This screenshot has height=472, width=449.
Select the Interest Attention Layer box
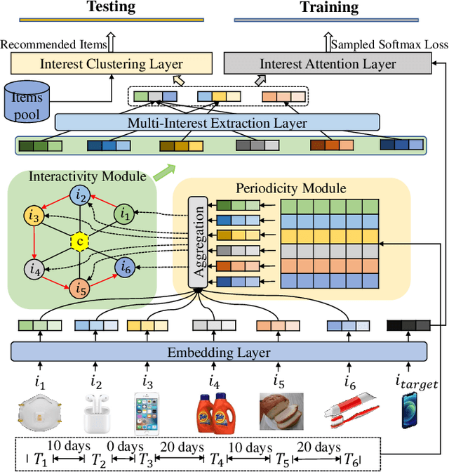coord(328,64)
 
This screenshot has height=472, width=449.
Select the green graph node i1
coord(124,212)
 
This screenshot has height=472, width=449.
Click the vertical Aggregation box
coord(198,242)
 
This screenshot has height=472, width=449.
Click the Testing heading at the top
coord(111,8)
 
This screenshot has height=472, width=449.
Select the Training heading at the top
coord(329,8)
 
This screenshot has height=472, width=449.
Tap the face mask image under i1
coord(40,413)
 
